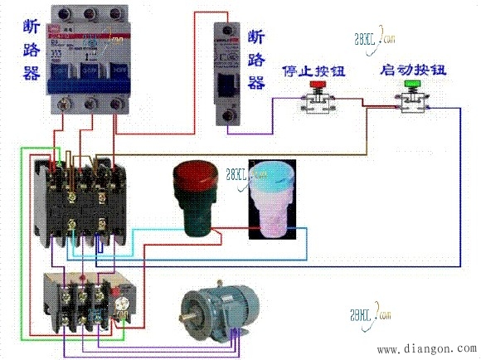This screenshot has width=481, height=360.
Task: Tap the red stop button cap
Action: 317,85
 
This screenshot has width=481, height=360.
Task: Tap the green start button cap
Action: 411,85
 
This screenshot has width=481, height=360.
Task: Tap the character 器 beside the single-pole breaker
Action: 257,82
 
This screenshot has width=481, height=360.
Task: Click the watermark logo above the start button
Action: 372,38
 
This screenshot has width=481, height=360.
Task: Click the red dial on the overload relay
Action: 126,292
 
